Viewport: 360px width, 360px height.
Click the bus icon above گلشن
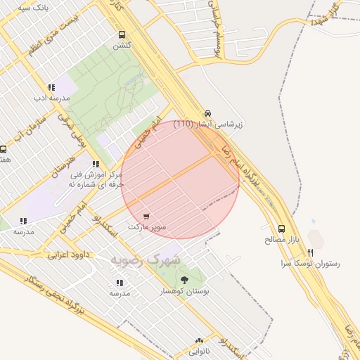pyautogui.click(x=122, y=34)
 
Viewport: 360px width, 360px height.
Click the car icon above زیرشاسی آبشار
pyautogui.click(x=207, y=113)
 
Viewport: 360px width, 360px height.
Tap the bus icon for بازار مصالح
pyautogui.click(x=282, y=229)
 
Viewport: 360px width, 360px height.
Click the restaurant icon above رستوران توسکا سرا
pyautogui.click(x=310, y=252)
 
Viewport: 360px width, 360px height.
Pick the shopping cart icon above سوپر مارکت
pyautogui.click(x=146, y=217)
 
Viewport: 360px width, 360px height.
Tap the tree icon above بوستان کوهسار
pyautogui.click(x=185, y=279)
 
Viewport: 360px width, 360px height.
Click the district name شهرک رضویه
pyautogui.click(x=145, y=259)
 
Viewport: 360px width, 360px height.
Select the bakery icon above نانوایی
pyautogui.click(x=200, y=339)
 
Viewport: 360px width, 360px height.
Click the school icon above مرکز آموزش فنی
pyautogui.click(x=96, y=164)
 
